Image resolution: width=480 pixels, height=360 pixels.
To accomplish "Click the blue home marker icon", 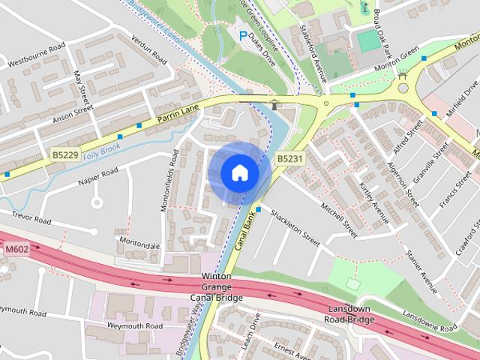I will click(x=239, y=173).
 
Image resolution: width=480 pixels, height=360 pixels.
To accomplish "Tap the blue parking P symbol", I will click(x=242, y=35).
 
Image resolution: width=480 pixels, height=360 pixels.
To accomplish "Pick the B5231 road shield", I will click(x=289, y=158).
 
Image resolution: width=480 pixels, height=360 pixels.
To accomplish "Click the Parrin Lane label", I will click(x=178, y=113).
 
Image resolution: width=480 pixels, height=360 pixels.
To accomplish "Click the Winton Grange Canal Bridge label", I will click(x=217, y=287).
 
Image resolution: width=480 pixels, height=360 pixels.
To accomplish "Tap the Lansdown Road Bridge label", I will click(x=350, y=315).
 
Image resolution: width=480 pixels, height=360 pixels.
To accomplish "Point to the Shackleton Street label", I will click(x=295, y=226).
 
